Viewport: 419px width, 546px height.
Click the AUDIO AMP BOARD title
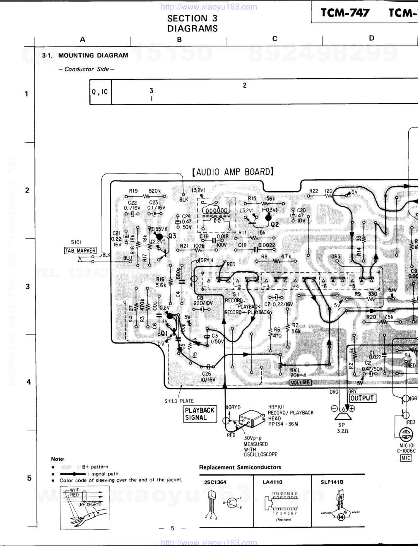tap(233, 172)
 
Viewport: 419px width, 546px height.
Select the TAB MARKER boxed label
tap(80, 250)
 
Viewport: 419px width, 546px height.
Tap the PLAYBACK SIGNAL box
tap(200, 414)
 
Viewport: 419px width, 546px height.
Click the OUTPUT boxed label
tap(362, 398)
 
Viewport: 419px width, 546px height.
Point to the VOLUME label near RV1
tap(301, 382)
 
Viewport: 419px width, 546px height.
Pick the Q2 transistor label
tap(275, 224)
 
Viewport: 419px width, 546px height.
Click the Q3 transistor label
tap(172, 236)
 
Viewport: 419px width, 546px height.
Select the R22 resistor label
tap(314, 191)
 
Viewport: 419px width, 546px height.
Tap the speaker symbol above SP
tap(342, 415)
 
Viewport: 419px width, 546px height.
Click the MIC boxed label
tap(406, 458)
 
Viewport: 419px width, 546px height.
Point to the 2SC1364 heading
tap(215, 482)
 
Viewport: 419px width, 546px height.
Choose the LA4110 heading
tap(272, 482)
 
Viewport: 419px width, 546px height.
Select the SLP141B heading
tap(332, 482)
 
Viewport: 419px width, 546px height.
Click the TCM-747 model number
tap(345, 13)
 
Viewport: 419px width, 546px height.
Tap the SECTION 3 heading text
tap(192, 18)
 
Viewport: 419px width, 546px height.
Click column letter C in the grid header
tap(275, 39)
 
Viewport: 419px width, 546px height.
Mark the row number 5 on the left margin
tap(29, 478)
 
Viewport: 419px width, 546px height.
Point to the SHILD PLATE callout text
tap(179, 401)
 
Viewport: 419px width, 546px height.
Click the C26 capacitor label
tap(206, 373)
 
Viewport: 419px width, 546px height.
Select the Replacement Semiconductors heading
tap(240, 467)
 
